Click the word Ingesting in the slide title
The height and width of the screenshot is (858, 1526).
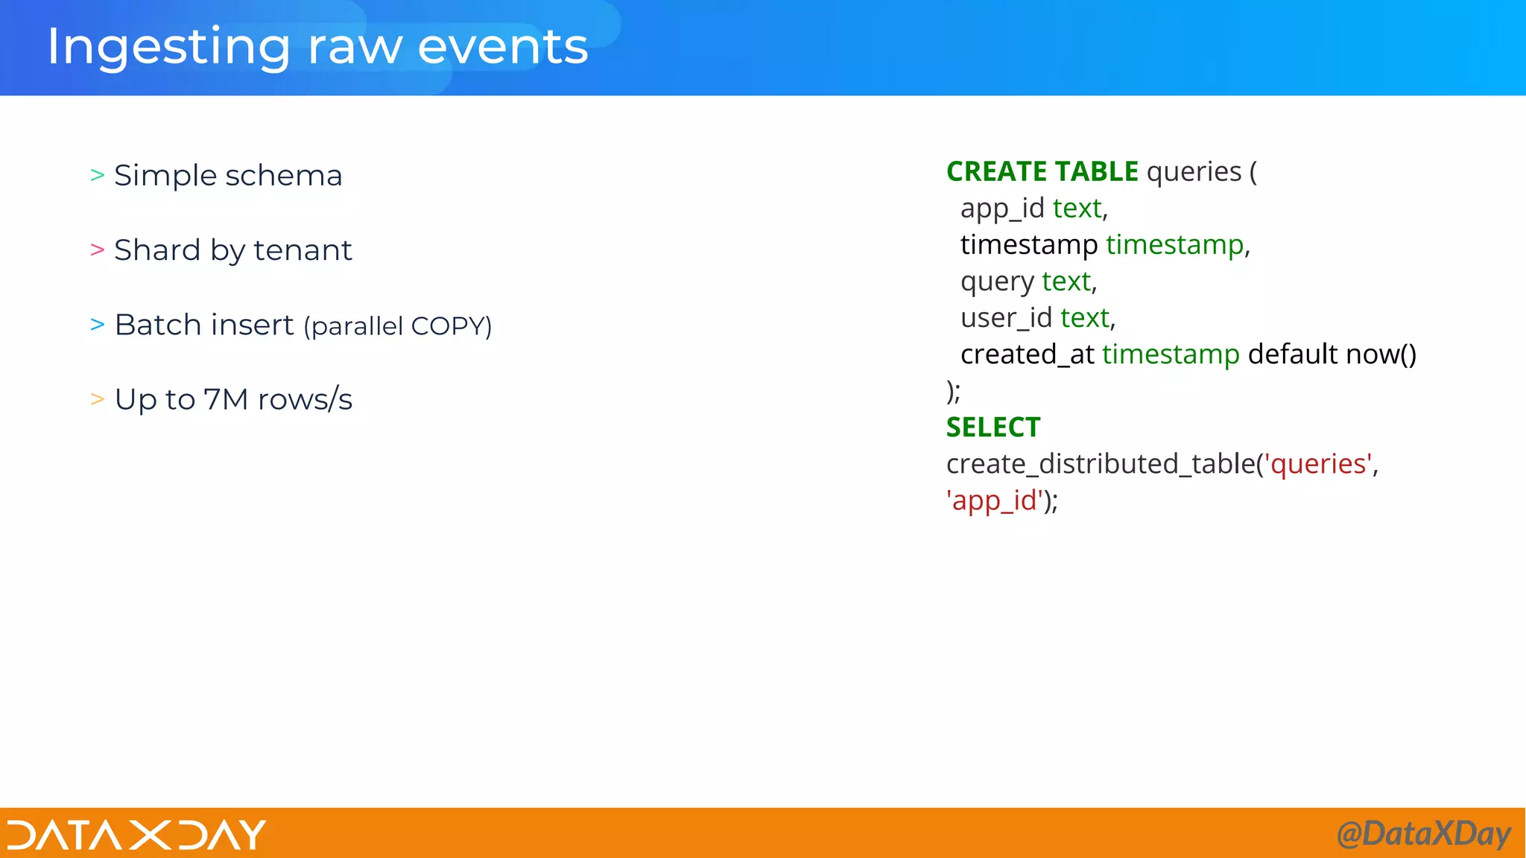click(168, 48)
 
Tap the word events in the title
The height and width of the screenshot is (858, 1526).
click(503, 46)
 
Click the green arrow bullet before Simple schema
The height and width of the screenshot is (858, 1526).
click(97, 175)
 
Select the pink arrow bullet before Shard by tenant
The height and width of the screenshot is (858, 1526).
click(97, 250)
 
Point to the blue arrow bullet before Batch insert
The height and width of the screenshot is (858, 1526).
click(97, 325)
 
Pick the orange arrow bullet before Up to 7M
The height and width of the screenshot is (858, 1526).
click(97, 399)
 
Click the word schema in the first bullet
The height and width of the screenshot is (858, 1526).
click(283, 176)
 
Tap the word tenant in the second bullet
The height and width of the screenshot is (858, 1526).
click(303, 250)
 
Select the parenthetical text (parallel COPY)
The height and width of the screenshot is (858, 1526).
click(398, 326)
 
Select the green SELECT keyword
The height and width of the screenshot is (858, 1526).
click(993, 428)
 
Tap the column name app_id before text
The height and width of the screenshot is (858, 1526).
click(1002, 209)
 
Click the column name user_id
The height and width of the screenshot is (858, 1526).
click(1006, 318)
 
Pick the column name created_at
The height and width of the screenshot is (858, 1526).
click(1027, 355)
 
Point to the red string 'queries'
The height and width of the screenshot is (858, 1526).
click(1317, 464)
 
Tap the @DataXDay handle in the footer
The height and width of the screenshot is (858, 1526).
click(1423, 833)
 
